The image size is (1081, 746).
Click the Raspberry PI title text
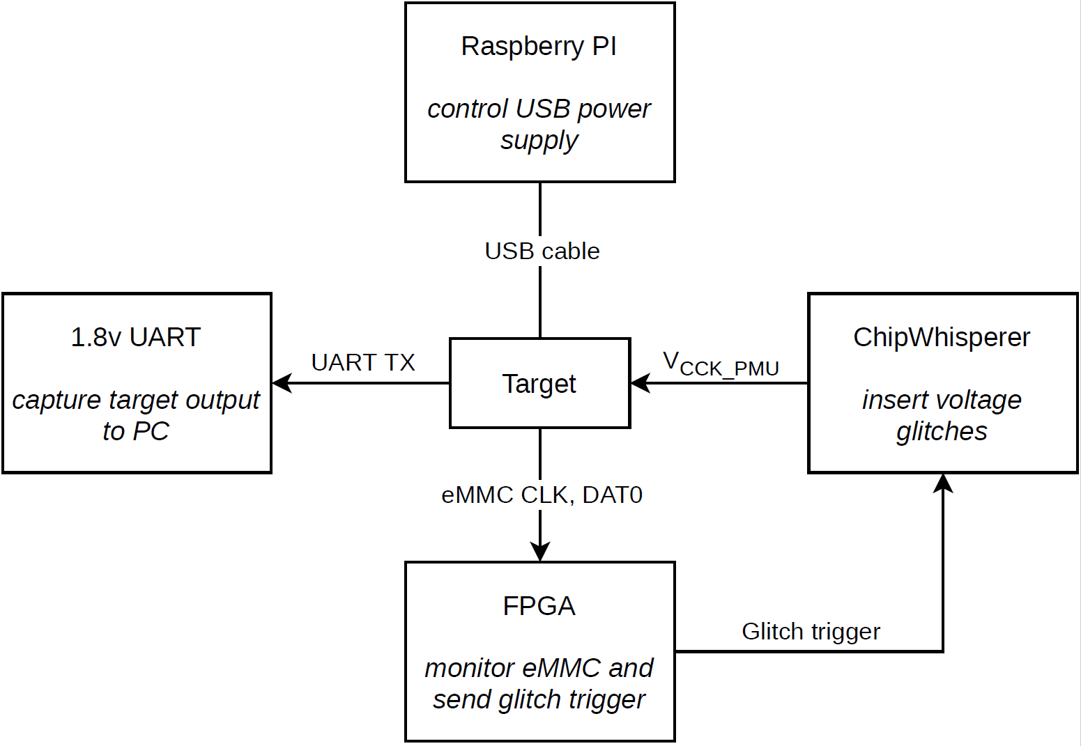pyautogui.click(x=539, y=47)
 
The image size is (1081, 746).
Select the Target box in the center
pyautogui.click(x=539, y=383)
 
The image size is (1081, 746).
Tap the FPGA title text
pyautogui.click(x=539, y=606)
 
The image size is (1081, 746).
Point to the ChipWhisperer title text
pyautogui.click(x=942, y=337)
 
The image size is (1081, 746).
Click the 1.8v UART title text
pyautogui.click(x=136, y=337)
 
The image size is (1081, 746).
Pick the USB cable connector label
pyautogui.click(x=542, y=251)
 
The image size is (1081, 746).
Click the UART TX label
pyautogui.click(x=363, y=362)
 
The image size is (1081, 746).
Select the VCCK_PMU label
pyautogui.click(x=721, y=364)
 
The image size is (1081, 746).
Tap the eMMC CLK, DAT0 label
pyautogui.click(x=542, y=495)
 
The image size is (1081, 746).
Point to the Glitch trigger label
pyautogui.click(x=811, y=631)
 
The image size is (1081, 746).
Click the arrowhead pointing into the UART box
pyautogui.click(x=281, y=382)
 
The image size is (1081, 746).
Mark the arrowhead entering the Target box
pyautogui.click(x=640, y=382)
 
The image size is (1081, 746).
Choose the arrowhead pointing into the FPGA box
pyautogui.click(x=540, y=552)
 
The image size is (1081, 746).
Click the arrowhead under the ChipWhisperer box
pyautogui.click(x=943, y=483)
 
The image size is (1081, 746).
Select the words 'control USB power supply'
pyautogui.click(x=539, y=125)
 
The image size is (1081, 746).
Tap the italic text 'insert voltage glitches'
pyautogui.click(x=942, y=416)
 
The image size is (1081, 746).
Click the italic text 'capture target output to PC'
pyautogui.click(x=136, y=416)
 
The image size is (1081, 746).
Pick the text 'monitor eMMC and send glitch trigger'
pyautogui.click(x=539, y=684)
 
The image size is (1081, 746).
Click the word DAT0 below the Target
pyautogui.click(x=612, y=495)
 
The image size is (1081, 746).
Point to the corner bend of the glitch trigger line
pyautogui.click(x=943, y=651)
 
